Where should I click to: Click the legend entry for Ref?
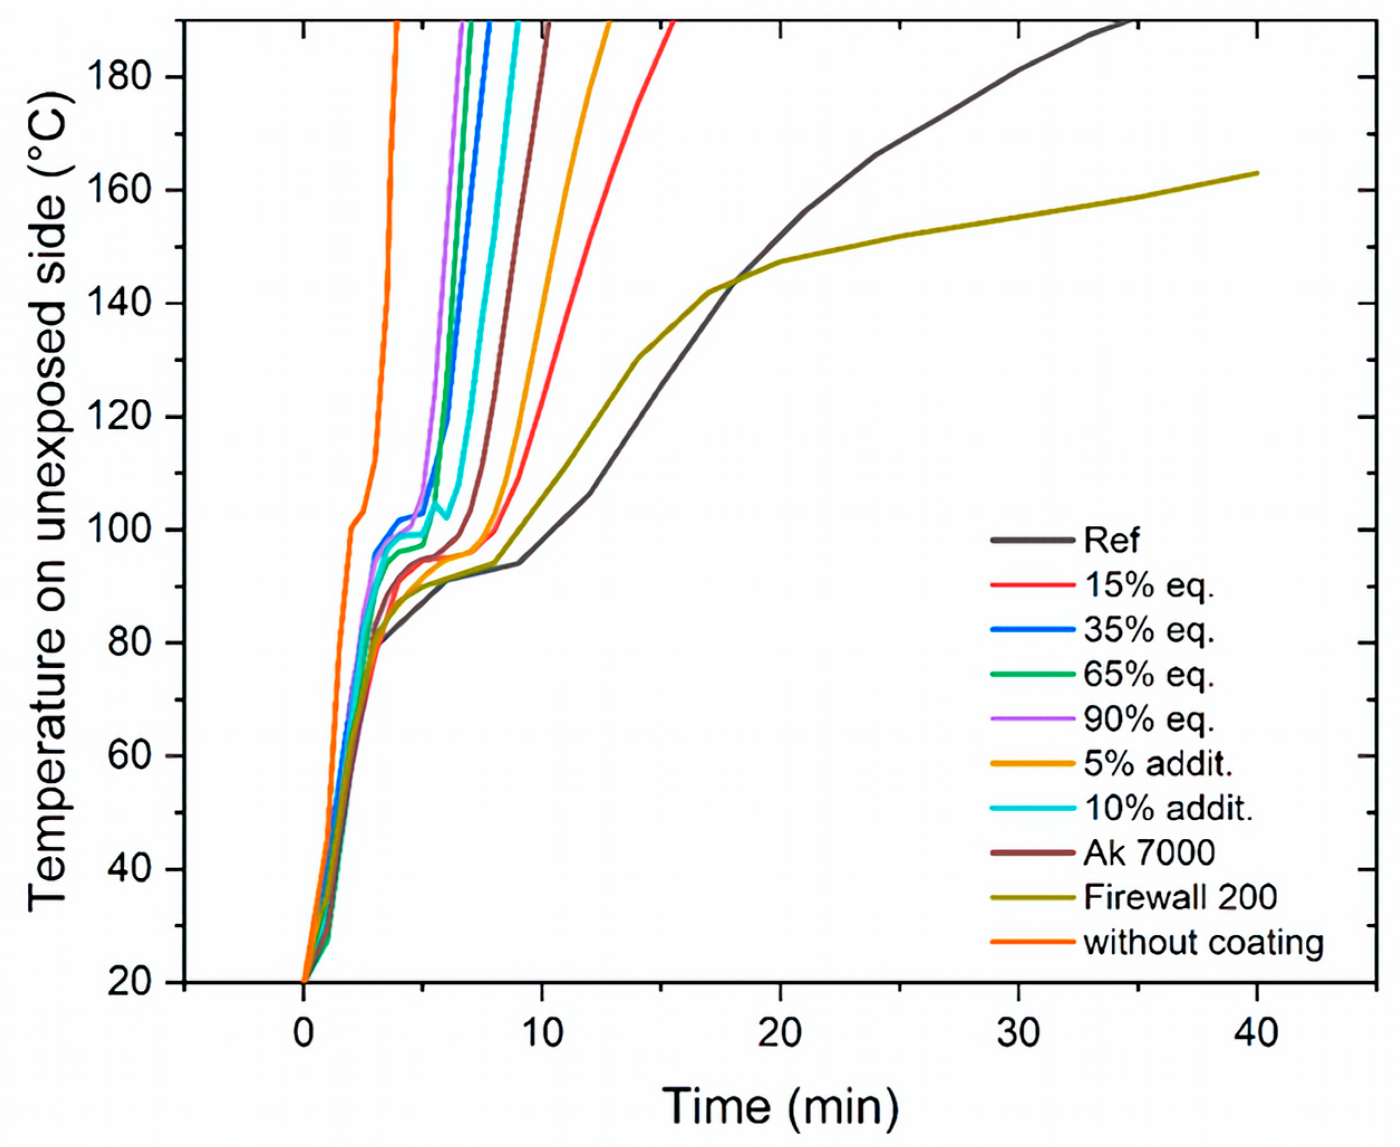coord(1111,541)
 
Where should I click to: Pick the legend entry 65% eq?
coord(1149,674)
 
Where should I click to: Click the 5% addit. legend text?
coord(1157,764)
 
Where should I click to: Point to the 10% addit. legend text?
coord(1168,809)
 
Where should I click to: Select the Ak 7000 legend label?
coord(1149,853)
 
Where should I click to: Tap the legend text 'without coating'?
coord(1203,942)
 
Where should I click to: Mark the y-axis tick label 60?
coord(137,756)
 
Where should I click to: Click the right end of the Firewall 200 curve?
coord(1257,173)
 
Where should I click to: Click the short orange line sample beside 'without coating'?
coord(1032,942)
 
